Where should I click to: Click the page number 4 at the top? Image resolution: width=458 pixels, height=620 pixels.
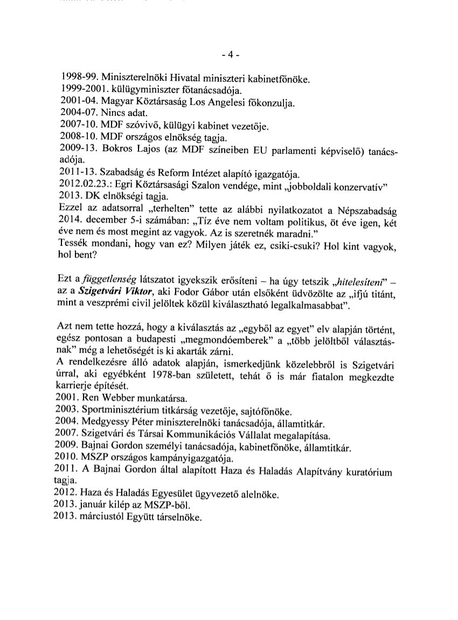point(230,55)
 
